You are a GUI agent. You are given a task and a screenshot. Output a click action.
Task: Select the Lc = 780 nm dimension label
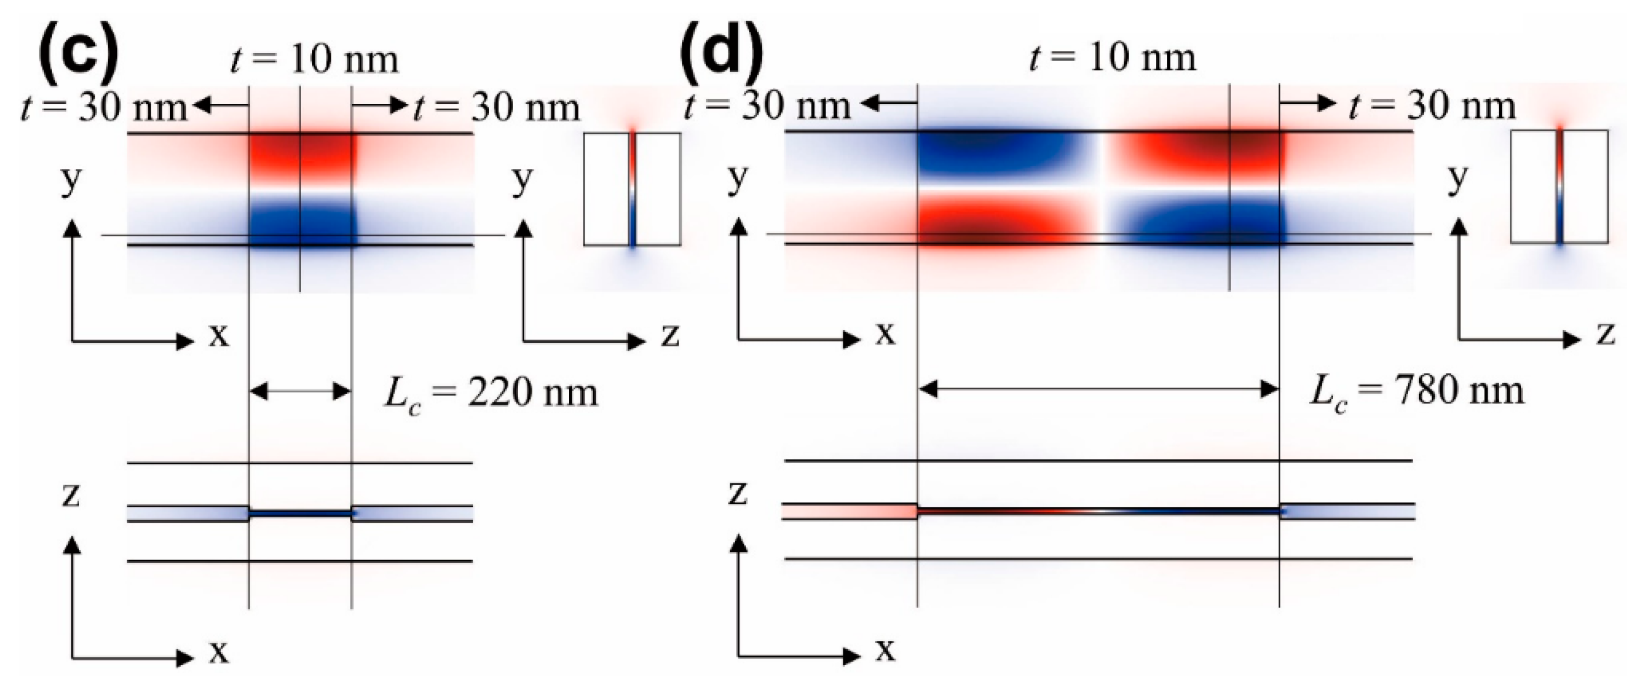1416,392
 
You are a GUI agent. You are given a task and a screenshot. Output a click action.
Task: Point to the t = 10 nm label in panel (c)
314,59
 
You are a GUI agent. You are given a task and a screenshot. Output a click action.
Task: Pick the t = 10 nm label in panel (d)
1112,57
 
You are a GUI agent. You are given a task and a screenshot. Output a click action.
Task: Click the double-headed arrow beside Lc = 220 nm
300,391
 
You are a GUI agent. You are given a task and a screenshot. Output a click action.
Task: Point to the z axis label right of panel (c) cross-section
669,335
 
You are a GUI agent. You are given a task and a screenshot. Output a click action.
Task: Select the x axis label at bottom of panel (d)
885,650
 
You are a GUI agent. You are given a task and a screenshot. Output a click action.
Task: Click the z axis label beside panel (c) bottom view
71,495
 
